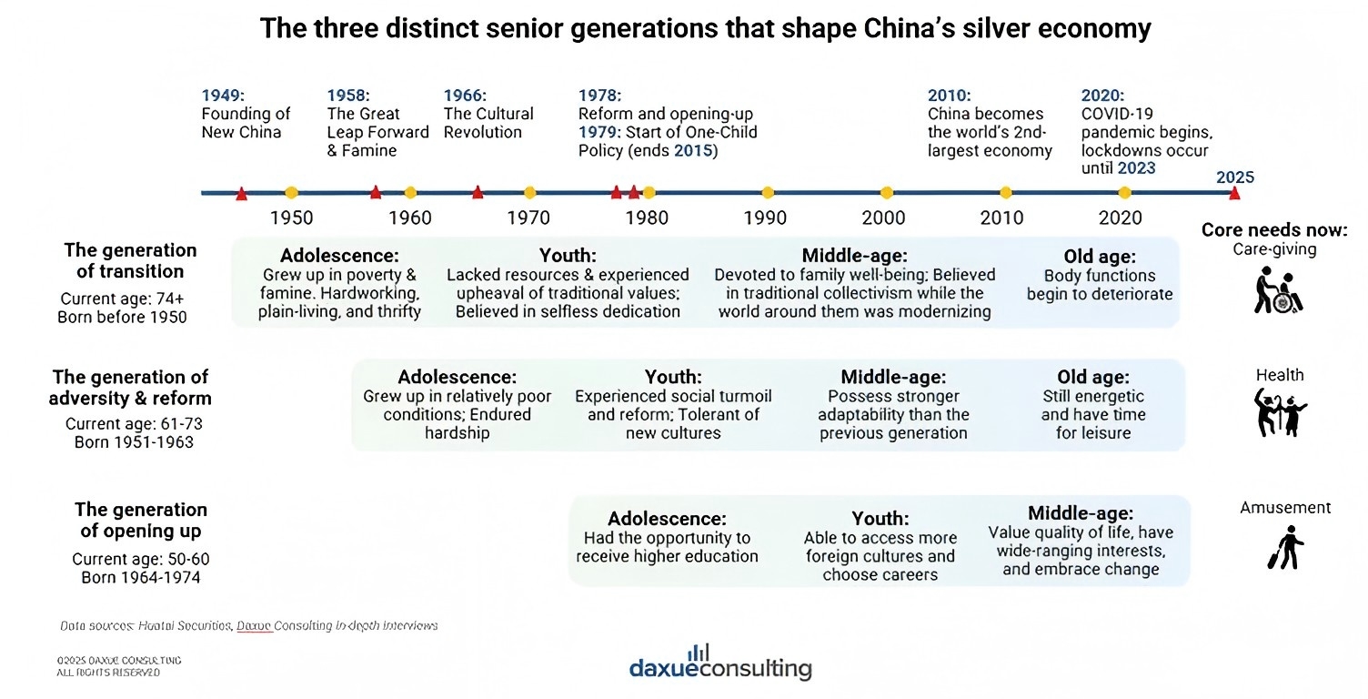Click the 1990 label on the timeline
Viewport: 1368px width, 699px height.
765,218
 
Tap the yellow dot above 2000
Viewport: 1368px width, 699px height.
886,192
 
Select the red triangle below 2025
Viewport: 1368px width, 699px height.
1234,193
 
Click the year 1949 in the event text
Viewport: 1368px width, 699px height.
223,96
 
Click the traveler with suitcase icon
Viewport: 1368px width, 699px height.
1285,548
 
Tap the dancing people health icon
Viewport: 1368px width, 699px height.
1281,412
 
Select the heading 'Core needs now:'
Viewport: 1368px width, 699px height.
1274,229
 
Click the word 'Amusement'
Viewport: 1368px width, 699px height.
1285,508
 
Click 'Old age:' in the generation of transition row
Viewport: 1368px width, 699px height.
1100,257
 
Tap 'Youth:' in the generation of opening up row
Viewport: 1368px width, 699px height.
880,519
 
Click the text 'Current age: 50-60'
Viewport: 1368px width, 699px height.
140,559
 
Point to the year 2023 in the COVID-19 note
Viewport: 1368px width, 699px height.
1137,167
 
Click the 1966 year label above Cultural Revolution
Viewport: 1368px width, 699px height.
465,96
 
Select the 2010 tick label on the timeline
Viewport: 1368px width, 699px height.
1001,218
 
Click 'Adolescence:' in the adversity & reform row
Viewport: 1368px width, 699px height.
457,377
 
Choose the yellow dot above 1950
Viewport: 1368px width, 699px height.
291,192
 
